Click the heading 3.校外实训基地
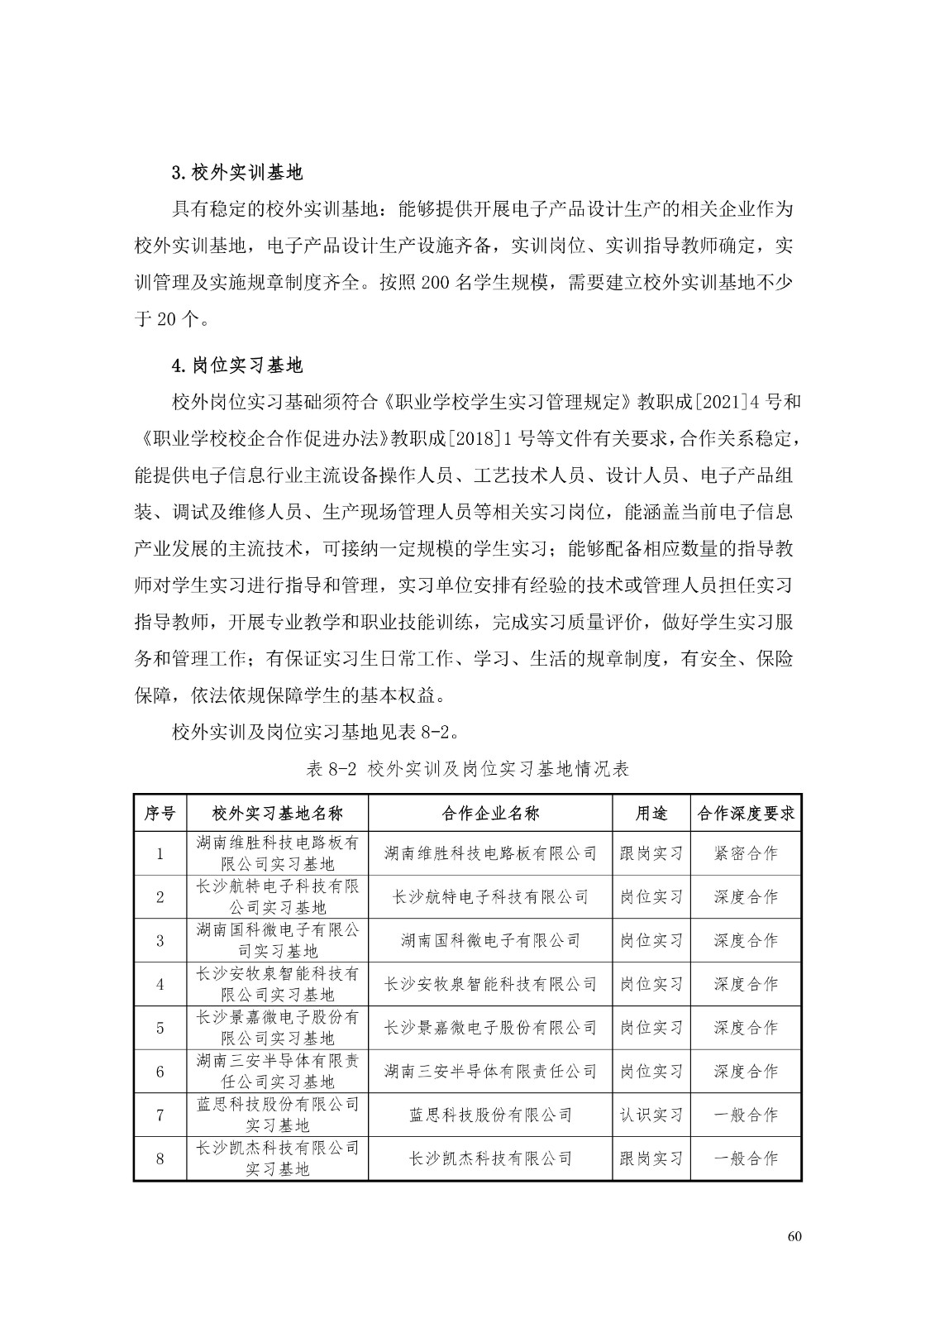(x=236, y=173)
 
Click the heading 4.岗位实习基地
(x=236, y=365)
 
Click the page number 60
(x=794, y=1237)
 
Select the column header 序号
(x=160, y=813)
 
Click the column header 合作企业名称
(x=490, y=813)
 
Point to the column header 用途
(x=651, y=813)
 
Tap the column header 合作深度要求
(x=746, y=813)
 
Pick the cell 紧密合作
(x=746, y=853)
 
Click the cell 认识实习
(x=651, y=1115)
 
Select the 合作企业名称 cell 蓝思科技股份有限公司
(x=490, y=1115)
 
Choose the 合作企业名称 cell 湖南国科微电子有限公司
(x=490, y=940)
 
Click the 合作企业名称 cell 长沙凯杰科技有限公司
(x=490, y=1158)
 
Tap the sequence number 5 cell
(x=160, y=1028)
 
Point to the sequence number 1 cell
(x=160, y=853)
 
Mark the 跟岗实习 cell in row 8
(x=651, y=1158)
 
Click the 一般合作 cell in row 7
(x=746, y=1115)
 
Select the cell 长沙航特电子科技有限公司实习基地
(x=278, y=896)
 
